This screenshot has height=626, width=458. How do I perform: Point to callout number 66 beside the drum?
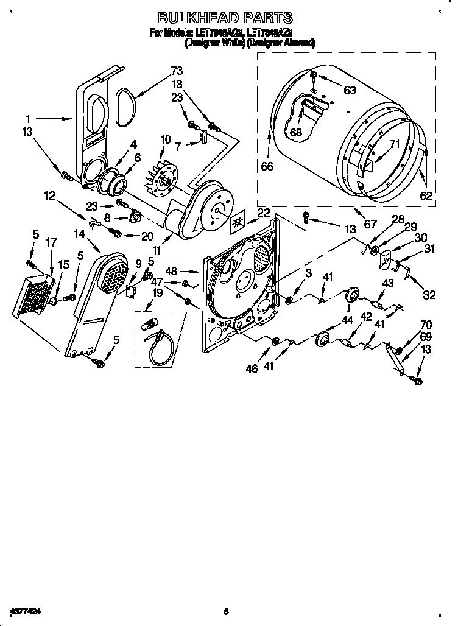(x=267, y=166)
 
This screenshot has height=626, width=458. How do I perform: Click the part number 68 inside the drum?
(x=296, y=132)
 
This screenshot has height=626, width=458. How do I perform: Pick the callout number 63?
(x=349, y=91)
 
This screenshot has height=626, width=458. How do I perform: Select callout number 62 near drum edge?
(x=425, y=195)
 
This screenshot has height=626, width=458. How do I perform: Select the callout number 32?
(x=429, y=295)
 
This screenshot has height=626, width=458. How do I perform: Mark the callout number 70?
(x=426, y=325)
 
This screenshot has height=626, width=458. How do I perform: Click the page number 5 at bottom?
(x=225, y=611)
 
